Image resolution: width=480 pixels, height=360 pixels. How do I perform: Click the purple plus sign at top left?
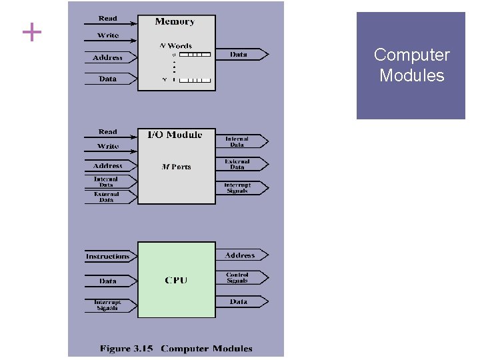coord(31,32)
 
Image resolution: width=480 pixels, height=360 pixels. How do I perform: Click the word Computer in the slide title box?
coord(411,55)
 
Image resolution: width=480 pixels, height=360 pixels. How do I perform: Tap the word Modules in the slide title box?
coord(411,75)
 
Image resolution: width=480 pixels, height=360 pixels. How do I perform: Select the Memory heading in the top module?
coord(175,21)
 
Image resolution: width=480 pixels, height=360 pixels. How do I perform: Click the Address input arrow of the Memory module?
coord(109,58)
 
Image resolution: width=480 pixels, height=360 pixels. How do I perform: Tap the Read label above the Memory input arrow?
coord(107,18)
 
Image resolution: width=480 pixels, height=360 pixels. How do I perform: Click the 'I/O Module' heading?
coord(175,135)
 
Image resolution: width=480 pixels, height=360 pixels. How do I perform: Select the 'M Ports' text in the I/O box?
coord(177,167)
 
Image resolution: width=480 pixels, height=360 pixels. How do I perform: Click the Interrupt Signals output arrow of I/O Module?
coord(241,188)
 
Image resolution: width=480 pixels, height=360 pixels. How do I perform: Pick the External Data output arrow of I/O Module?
coord(241,163)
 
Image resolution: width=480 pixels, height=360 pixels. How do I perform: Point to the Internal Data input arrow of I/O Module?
coord(109,181)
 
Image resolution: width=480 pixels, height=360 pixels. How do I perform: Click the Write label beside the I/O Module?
coord(107,146)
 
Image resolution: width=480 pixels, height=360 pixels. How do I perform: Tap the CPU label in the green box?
coord(176,280)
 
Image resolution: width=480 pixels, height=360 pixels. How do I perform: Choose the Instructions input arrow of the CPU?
coord(109,257)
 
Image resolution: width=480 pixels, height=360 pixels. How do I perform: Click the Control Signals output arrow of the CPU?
coord(241,277)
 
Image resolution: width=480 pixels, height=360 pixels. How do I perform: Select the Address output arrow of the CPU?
coord(241,255)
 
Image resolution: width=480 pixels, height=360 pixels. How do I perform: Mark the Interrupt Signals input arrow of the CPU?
coord(109,305)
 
